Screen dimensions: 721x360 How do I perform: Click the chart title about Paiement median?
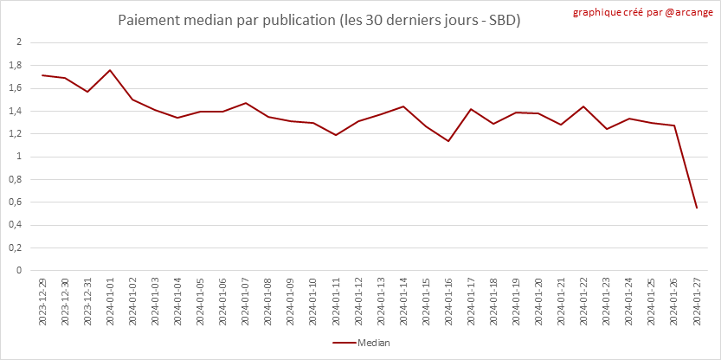(x=319, y=21)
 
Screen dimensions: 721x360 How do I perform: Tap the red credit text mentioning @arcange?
(x=643, y=12)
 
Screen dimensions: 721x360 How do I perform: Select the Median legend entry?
(x=361, y=343)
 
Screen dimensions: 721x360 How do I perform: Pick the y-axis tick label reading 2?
(x=19, y=42)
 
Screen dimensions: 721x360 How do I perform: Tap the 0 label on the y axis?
(x=19, y=271)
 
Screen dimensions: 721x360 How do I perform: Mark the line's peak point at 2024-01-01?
(x=111, y=70)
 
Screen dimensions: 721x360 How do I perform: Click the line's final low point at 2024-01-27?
(x=697, y=208)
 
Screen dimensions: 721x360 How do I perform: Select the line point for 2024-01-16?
(x=448, y=141)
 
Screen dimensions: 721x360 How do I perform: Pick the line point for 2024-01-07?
(x=246, y=103)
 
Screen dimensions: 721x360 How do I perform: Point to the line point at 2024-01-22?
(x=584, y=106)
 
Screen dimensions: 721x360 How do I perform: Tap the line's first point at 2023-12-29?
(x=42, y=75)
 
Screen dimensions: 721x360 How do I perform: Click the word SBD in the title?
(x=502, y=21)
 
